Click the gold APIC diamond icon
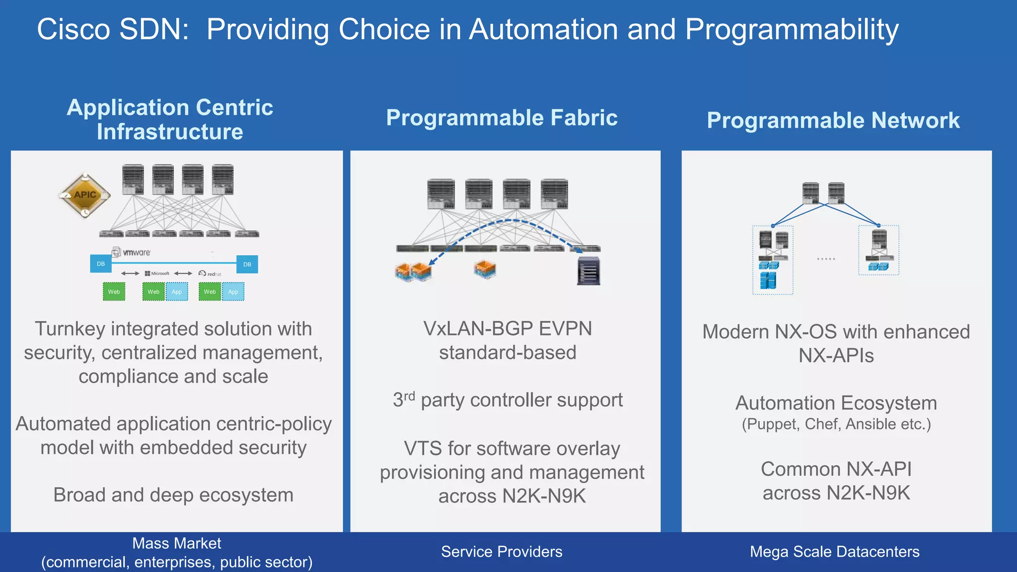(84, 195)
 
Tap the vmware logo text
(136, 252)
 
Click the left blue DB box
(101, 264)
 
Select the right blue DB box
(247, 264)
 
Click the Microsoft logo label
(157, 274)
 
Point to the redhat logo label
(211, 274)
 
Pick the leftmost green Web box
(114, 291)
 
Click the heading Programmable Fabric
(502, 118)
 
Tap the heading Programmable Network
(833, 121)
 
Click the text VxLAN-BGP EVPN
(507, 329)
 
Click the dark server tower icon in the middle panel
(588, 271)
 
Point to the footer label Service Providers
(502, 552)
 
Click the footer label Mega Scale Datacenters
(834, 552)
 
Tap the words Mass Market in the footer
(176, 543)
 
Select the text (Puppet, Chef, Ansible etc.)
(836, 425)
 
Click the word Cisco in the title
(73, 30)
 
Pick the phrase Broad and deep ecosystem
(173, 495)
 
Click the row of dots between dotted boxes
(826, 259)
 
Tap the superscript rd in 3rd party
(409, 395)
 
